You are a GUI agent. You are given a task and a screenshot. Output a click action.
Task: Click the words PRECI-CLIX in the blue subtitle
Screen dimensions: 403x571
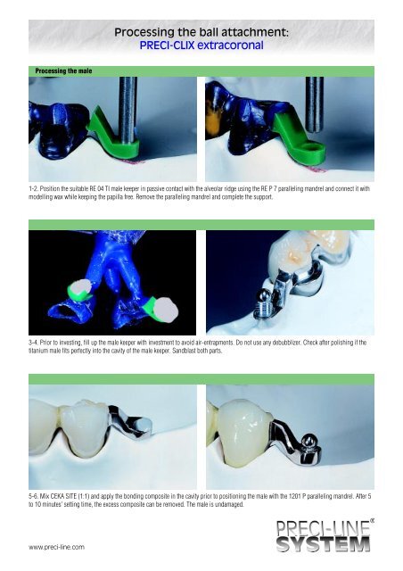(167, 46)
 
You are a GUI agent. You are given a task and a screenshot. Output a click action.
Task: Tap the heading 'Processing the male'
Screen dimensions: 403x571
(63, 71)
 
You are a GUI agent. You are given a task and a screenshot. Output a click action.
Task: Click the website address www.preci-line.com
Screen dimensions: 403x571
(56, 547)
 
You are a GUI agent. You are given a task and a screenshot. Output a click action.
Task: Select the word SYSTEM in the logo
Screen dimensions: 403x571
(324, 543)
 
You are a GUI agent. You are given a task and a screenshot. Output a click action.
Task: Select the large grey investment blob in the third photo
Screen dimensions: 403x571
(165, 310)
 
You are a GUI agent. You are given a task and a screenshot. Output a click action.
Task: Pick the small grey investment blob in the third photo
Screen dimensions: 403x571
(80, 287)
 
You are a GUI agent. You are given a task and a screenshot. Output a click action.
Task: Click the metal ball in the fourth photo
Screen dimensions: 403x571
(264, 295)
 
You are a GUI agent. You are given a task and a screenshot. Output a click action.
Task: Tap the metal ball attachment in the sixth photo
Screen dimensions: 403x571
(308, 442)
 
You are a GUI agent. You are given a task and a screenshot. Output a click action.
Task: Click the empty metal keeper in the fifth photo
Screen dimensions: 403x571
(131, 422)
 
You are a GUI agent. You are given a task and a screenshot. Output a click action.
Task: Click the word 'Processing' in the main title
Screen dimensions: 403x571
(144, 33)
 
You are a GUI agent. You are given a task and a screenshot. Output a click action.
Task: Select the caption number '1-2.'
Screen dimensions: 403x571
(33, 188)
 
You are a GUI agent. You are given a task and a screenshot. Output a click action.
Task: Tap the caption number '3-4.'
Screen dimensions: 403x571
(33, 343)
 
